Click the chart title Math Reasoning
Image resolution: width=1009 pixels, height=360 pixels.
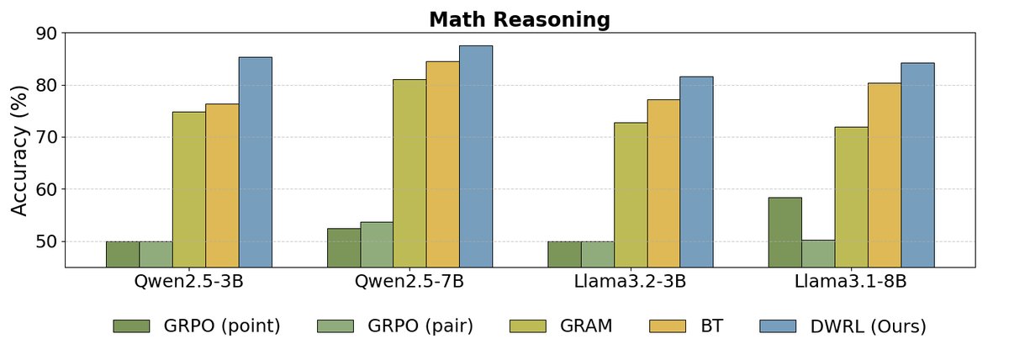[519, 19]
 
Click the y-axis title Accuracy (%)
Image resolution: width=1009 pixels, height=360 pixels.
[19, 150]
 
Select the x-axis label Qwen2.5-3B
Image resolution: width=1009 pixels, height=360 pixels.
[189, 281]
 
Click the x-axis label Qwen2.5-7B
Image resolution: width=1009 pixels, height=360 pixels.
[410, 281]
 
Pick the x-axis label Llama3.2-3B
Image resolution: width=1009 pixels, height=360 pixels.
[631, 281]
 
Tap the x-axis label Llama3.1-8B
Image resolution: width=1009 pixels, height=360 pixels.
[851, 281]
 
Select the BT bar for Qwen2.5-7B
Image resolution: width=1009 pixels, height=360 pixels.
[443, 164]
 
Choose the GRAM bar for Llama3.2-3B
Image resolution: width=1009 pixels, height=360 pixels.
[631, 194]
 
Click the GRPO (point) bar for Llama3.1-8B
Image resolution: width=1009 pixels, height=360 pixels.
[785, 232]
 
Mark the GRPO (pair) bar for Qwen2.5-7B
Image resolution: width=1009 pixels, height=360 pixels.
[377, 244]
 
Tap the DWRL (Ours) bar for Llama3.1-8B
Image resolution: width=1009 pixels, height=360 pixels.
[917, 165]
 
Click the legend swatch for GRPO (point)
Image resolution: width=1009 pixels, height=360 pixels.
[131, 326]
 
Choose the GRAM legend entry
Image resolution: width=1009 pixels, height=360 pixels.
[580, 326]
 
